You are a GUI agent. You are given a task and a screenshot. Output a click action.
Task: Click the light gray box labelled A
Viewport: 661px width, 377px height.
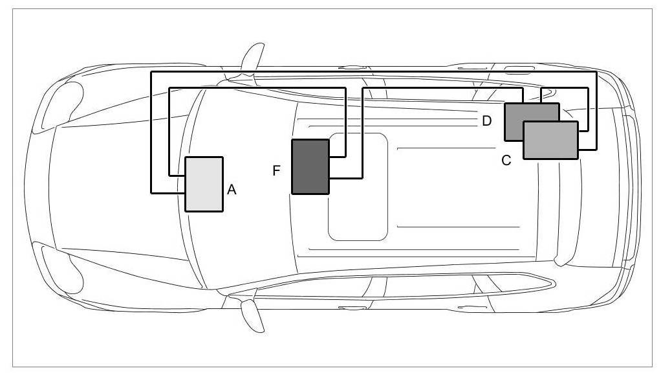[204, 184]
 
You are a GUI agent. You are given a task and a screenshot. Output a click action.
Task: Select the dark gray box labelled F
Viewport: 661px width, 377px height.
[310, 166]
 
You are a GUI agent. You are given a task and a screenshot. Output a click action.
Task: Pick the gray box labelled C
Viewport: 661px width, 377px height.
[550, 140]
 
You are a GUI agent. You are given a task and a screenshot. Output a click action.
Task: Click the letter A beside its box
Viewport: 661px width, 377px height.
[232, 190]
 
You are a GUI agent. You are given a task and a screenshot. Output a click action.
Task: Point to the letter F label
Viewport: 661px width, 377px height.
[277, 170]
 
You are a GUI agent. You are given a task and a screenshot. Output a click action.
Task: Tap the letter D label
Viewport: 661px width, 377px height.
[487, 120]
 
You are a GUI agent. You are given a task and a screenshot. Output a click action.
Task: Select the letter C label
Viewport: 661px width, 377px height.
[506, 160]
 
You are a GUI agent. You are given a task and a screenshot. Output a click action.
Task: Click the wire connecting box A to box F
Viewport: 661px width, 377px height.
[259, 87]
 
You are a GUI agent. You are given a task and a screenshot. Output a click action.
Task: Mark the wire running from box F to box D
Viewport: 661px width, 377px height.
[440, 87]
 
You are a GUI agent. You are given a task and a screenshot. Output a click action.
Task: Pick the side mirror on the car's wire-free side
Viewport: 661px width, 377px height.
[252, 315]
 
